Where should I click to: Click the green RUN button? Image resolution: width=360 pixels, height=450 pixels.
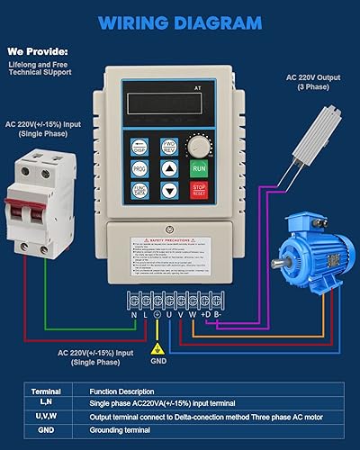pyautogui.click(x=199, y=167)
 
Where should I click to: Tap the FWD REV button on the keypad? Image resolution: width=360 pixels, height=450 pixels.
pyautogui.click(x=169, y=146)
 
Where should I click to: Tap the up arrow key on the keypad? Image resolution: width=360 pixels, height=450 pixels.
pyautogui.click(x=169, y=167)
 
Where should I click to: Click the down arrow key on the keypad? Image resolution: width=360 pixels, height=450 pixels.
pyautogui.click(x=169, y=189)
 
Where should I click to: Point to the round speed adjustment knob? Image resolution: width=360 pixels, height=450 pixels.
pyautogui.click(x=198, y=144)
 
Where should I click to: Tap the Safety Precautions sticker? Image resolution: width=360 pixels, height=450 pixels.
pyautogui.click(x=180, y=260)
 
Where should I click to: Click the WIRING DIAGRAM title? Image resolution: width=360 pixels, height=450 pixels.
pyautogui.click(x=181, y=22)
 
